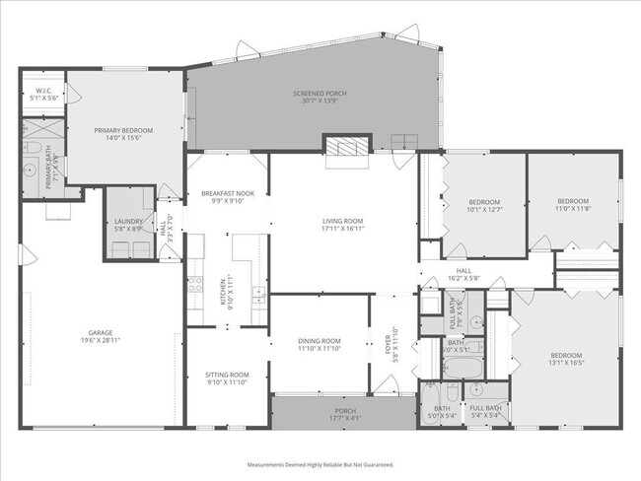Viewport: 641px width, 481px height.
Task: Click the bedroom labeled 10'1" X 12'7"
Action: [x=484, y=209]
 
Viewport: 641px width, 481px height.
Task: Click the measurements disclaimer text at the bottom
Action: [x=320, y=463]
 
